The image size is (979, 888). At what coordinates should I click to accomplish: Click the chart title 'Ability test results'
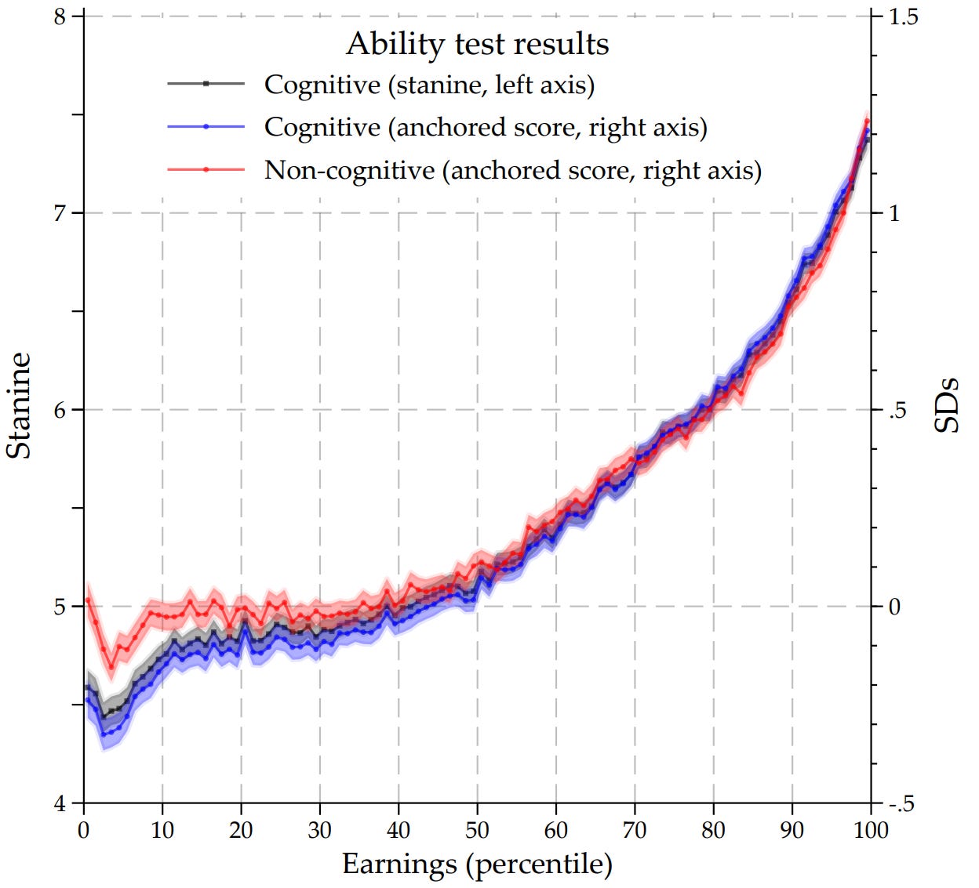point(477,44)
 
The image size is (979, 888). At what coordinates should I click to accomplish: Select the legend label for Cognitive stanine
point(429,84)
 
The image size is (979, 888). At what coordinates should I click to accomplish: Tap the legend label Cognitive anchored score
point(486,127)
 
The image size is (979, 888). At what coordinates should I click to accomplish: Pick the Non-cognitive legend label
point(512,170)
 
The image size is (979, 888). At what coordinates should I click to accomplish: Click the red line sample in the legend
point(206,169)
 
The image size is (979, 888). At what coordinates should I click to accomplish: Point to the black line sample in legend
point(206,83)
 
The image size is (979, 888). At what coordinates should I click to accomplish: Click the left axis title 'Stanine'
point(19,405)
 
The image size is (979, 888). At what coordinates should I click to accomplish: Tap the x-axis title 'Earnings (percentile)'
point(477,864)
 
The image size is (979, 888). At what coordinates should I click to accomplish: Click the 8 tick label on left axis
point(60,16)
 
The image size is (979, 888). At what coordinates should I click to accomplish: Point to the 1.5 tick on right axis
point(903,16)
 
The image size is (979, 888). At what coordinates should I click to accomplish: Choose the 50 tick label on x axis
point(477,829)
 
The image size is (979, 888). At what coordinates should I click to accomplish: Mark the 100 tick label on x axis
point(870,829)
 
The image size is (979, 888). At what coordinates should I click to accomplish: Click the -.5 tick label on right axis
point(901,803)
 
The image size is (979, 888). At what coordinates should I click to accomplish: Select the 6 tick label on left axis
point(60,410)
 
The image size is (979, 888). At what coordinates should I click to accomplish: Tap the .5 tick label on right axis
point(898,410)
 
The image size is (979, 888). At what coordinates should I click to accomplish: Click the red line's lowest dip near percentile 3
point(111,668)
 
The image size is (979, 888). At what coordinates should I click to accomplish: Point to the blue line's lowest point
point(104,734)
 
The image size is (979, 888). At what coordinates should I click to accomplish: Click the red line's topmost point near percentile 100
point(867,121)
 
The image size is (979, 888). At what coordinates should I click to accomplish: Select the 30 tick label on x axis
point(319,829)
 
